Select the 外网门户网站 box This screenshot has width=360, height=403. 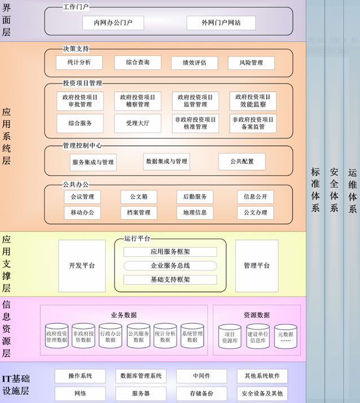221,23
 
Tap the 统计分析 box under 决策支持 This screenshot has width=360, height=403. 79,62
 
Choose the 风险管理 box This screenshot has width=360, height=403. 251,62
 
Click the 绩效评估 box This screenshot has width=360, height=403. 195,62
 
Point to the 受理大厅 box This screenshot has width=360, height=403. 137,123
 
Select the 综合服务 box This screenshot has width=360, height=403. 80,123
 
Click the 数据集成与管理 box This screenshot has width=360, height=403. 166,161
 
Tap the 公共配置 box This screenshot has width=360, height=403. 242,161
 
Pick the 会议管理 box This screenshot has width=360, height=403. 82,197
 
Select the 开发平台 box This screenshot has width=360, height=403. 82,265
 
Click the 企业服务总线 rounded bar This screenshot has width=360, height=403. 170,265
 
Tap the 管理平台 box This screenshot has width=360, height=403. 257,265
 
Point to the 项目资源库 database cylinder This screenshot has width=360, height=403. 230,336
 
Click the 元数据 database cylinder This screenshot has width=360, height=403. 286,336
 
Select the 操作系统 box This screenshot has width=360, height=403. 79,376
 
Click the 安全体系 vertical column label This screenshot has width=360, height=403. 333,190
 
